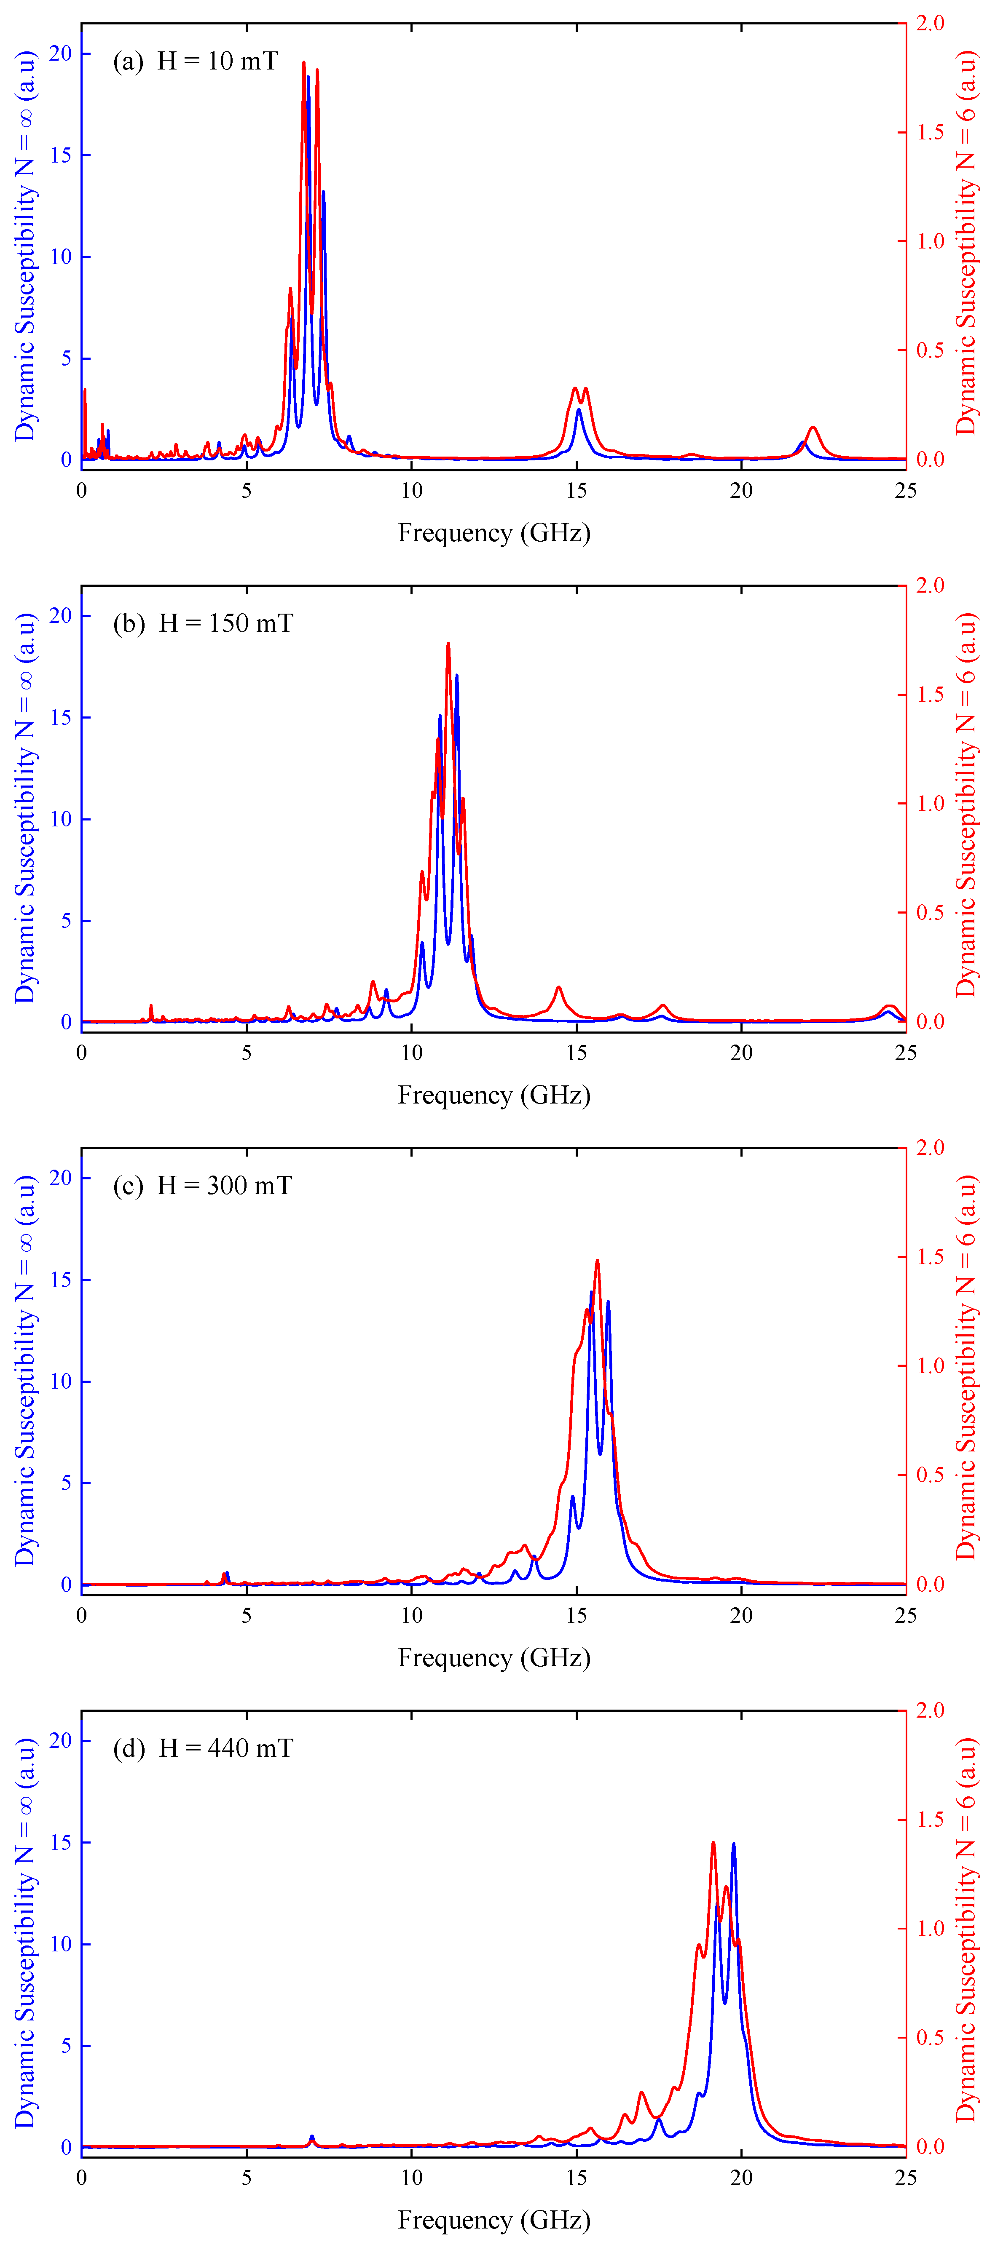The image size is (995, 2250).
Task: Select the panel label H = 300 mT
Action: point(225,1186)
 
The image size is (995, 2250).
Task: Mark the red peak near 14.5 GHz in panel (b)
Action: point(558,988)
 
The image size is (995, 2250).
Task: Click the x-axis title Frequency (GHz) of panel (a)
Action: point(494,533)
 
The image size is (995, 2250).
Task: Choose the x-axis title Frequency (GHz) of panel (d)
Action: point(494,2220)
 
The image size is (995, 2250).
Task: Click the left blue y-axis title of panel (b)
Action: point(26,808)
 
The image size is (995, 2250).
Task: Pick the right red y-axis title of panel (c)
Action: point(966,1370)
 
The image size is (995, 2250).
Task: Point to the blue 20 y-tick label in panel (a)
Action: point(60,54)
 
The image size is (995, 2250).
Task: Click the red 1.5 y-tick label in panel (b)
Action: point(931,695)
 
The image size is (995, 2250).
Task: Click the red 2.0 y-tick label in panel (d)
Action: point(931,1710)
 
